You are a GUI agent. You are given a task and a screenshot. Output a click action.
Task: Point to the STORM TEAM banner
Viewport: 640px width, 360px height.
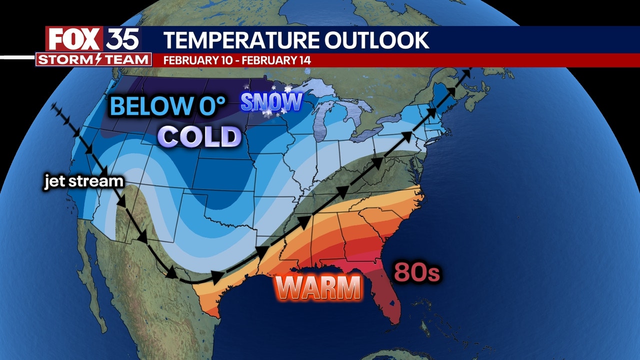tap(93, 59)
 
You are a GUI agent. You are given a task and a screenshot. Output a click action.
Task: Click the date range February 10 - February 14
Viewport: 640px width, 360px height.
tap(237, 60)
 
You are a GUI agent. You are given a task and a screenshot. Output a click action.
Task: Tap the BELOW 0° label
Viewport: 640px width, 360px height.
tap(168, 106)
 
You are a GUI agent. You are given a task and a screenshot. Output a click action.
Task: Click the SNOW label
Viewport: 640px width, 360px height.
tap(271, 102)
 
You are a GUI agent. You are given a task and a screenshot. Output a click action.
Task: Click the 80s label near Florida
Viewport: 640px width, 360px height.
tap(417, 273)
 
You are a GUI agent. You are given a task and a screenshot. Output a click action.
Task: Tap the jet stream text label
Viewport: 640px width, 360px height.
tap(83, 181)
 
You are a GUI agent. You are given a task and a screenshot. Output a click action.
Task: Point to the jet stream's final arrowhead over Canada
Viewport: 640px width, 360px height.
tap(468, 72)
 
